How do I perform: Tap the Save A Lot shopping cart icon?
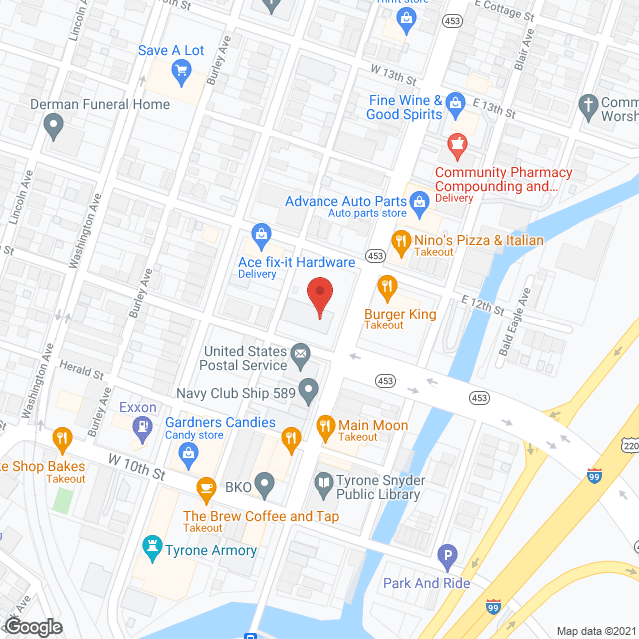point(181,69)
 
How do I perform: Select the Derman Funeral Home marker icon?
point(54,125)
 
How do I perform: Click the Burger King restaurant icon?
point(388,290)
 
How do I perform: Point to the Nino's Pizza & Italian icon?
point(401,240)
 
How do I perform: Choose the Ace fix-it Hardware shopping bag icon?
point(261,236)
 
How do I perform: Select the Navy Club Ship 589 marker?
point(310,388)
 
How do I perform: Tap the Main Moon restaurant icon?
point(325,426)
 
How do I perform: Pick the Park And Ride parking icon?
point(448,554)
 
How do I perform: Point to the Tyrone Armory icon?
point(152,547)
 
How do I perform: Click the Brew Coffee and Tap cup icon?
point(207,488)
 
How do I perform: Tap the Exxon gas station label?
point(137,407)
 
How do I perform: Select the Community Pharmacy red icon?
point(457,145)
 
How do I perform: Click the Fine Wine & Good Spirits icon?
point(456,101)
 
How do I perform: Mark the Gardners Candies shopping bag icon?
point(188,453)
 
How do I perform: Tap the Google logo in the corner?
point(32,626)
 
